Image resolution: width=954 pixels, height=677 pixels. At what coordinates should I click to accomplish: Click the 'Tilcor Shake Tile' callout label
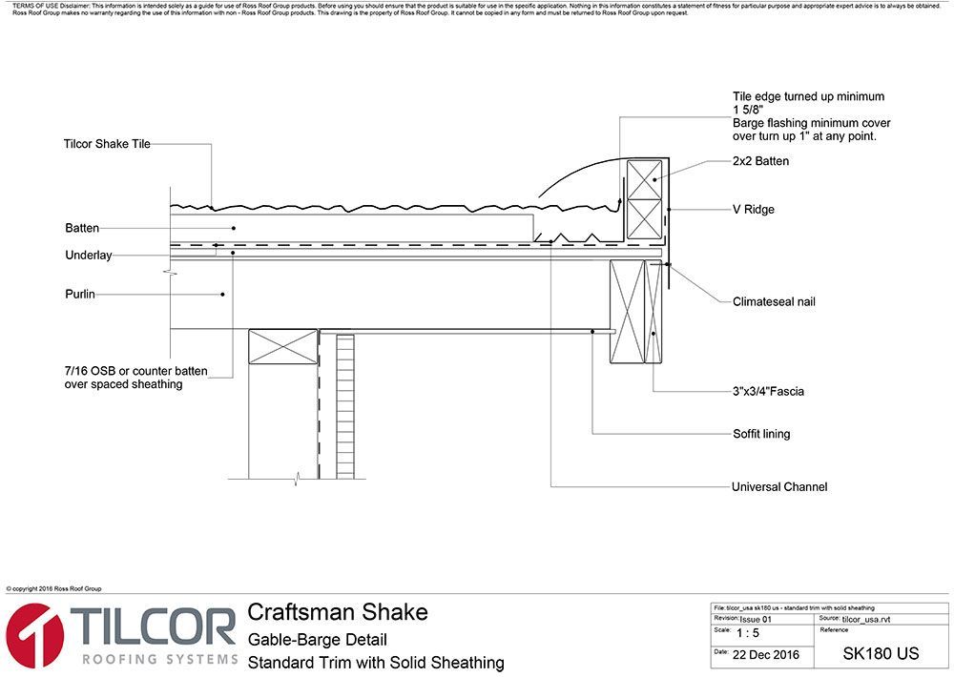(107, 144)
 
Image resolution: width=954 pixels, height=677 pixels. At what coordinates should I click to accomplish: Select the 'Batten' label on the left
(82, 228)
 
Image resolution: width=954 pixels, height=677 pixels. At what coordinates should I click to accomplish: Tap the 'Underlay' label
(89, 256)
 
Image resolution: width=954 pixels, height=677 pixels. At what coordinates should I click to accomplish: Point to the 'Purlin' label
(80, 295)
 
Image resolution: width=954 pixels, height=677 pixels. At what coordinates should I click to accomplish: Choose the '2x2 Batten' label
(760, 161)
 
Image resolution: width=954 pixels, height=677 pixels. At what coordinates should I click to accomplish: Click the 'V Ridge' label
(753, 209)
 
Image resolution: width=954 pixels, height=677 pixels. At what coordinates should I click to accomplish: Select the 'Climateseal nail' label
(774, 302)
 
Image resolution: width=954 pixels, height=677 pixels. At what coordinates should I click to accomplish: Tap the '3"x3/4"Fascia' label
(768, 391)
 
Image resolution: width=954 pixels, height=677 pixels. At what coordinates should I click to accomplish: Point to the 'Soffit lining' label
(760, 434)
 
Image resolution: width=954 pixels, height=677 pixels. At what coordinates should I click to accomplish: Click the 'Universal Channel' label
(778, 486)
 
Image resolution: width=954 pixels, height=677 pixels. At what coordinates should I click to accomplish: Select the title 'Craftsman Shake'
(338, 612)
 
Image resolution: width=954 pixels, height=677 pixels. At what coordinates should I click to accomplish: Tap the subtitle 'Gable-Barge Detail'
(317, 639)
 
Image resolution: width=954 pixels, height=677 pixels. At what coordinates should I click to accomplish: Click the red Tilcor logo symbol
(34, 636)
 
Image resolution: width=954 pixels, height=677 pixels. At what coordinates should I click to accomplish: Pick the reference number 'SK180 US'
(881, 654)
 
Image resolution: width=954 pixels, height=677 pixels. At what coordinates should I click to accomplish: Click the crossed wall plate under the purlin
(282, 346)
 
